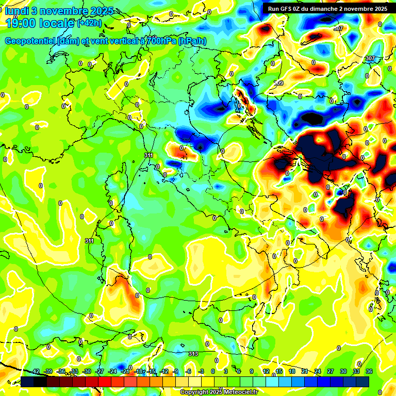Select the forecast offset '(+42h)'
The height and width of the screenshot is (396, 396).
coord(89,23)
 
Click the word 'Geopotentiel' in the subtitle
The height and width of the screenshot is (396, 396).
coord(30,41)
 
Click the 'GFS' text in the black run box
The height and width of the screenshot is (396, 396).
coord(291,8)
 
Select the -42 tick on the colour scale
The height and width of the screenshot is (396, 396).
coord(35,371)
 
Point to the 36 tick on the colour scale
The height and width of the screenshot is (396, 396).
coord(369,371)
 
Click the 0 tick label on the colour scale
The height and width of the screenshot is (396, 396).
coord(213,371)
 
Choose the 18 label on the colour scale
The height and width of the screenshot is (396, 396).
coord(291,371)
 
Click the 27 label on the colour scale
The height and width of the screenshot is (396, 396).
coord(330,371)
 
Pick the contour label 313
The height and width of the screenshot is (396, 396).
coord(193,354)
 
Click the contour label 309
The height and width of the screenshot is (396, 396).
coord(278,83)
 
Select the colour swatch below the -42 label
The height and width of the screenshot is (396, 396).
coord(28,382)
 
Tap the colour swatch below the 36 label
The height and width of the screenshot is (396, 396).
coord(362,382)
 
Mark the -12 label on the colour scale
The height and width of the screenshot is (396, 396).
coord(164,371)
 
